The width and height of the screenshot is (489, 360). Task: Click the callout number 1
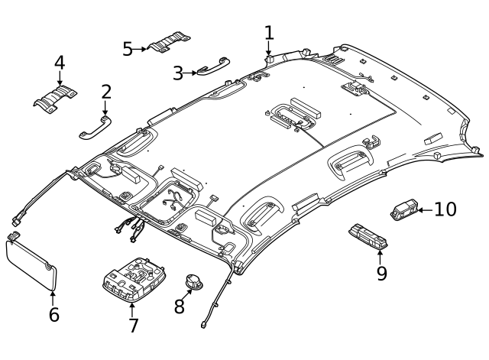coord(269,32)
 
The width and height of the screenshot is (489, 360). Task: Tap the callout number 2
coord(106,92)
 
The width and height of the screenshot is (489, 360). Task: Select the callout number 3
coord(177,73)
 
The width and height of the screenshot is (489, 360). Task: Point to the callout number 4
coord(60,62)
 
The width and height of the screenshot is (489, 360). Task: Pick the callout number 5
coord(128,49)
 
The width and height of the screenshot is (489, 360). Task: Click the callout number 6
coord(53,314)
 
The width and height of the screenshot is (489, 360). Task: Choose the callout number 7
coord(133,326)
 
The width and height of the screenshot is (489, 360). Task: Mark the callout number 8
coord(180,306)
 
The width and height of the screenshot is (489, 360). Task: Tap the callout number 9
coord(381,272)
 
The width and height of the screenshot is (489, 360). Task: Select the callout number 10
coord(445,209)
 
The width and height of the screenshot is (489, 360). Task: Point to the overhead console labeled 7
coord(134,279)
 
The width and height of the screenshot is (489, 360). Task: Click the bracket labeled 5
coord(170,43)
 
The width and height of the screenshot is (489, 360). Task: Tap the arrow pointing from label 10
coord(425,209)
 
